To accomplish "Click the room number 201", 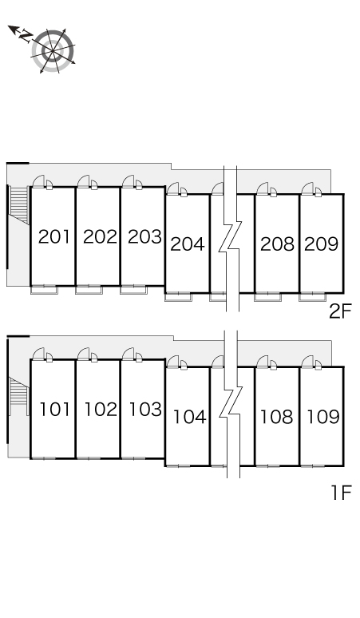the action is point(54,236).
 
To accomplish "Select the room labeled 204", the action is point(188,244).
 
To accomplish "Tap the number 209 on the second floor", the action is point(322,244).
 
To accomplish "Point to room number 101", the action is point(55,410).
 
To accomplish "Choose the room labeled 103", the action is point(145,410).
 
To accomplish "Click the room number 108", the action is point(276,417).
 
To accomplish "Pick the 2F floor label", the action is point(340,311).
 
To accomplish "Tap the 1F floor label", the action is point(341,493).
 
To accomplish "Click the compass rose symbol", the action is point(53,51).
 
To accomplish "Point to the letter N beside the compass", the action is point(26,36).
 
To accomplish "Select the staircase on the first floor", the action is point(19,397).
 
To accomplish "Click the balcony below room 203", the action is point(133,290).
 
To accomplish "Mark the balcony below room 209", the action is point(312,297).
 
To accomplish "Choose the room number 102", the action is point(101,410).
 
